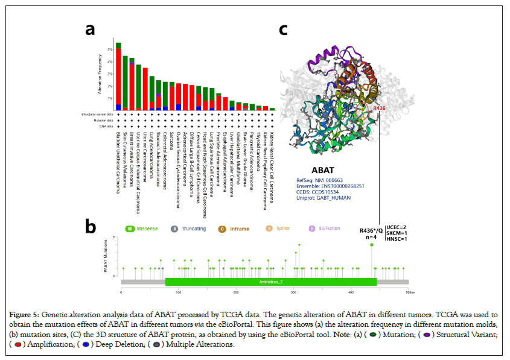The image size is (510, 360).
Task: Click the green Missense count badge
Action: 130,229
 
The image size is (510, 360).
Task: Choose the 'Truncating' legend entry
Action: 193,229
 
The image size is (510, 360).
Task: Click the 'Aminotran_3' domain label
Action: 271,282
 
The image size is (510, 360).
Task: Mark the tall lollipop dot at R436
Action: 372,244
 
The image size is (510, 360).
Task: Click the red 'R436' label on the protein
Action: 380,109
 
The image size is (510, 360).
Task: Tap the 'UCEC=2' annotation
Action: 396,227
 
